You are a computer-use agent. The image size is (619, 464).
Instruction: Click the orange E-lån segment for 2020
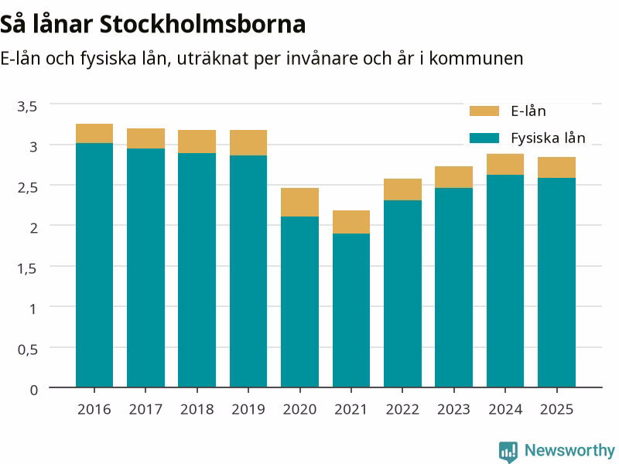pos(299,202)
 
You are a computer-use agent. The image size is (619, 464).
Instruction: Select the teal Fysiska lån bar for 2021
pos(351,311)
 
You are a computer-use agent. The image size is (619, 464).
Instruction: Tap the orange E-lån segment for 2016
pos(94,133)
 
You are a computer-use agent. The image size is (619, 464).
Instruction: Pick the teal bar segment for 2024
pos(505,281)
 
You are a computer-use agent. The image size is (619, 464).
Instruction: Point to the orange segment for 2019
pos(248,143)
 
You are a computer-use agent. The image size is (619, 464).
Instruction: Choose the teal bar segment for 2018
pos(197,270)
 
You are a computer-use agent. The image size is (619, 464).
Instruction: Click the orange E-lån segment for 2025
pos(556,168)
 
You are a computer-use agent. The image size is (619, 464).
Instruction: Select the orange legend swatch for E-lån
pos(484,111)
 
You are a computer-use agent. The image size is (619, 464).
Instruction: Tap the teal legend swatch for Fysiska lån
pos(484,138)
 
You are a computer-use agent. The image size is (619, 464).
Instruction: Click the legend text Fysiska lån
pos(548,138)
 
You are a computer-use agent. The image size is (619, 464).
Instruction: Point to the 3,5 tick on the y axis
pos(27,106)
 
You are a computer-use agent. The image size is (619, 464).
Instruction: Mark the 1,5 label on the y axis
pos(27,268)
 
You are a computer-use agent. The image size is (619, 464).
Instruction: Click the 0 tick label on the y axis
pos(34,390)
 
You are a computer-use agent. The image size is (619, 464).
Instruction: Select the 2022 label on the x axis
pos(402,410)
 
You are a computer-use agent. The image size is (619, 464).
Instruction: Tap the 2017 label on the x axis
pos(145,410)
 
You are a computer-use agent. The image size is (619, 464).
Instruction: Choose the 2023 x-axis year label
pos(453,410)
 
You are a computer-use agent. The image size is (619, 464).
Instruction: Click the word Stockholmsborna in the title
pos(203,25)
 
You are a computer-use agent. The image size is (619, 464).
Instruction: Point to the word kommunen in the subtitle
pos(476,59)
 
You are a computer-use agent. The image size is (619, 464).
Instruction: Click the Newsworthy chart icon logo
pos(508,452)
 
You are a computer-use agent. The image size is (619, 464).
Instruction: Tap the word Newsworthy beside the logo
pos(569,450)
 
